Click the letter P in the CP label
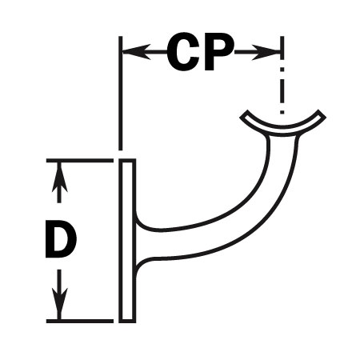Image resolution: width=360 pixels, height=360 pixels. pyautogui.click(x=219, y=52)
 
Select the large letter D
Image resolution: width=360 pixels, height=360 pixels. pyautogui.click(x=61, y=239)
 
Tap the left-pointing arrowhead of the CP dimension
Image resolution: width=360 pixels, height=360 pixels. pyautogui.click(x=137, y=52)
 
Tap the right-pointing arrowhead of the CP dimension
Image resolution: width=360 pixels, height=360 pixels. pyautogui.click(x=266, y=52)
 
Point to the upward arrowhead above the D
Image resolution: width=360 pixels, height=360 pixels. pyautogui.click(x=59, y=177)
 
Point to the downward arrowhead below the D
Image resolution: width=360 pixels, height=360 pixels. pyautogui.click(x=59, y=304)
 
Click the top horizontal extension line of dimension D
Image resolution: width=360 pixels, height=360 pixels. pyautogui.click(x=80, y=161)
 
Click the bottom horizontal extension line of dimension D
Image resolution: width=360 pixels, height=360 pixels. pyautogui.click(x=80, y=321)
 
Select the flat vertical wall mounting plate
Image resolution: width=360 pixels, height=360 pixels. pyautogui.click(x=127, y=241)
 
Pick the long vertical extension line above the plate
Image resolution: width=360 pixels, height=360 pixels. pyautogui.click(x=121, y=93)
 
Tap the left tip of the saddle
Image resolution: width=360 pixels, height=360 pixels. pyautogui.click(x=244, y=114)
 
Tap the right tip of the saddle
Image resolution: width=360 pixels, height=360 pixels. pyautogui.click(x=322, y=114)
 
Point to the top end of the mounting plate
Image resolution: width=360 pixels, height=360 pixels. pyautogui.click(x=127, y=160)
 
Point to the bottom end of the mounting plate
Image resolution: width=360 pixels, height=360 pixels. pyautogui.click(x=127, y=322)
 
